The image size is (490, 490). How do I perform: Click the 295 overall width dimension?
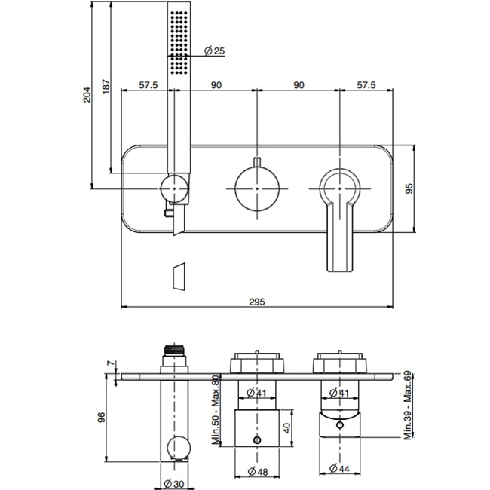tap(256, 301)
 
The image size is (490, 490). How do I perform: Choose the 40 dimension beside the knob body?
tap(286, 427)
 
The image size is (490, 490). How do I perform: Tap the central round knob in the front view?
tap(256, 185)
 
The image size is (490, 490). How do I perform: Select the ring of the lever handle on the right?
tap(340, 185)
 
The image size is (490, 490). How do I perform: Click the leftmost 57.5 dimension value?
tap(148, 86)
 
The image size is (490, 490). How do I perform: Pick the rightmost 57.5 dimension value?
tap(367, 86)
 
